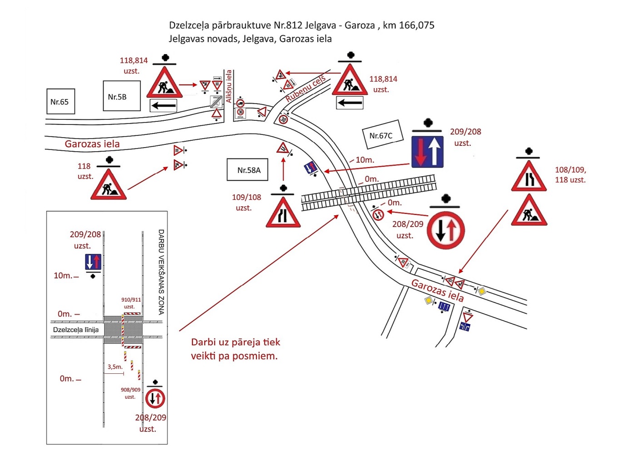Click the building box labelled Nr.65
click(60, 101)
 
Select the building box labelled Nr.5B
click(122, 96)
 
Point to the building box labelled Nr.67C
click(382, 135)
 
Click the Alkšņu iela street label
click(229, 86)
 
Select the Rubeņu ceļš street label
click(306, 89)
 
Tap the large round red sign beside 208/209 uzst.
click(446, 230)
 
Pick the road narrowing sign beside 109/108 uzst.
click(283, 213)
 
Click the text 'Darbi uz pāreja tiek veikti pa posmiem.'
click(235, 349)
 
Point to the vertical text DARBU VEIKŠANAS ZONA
click(161, 272)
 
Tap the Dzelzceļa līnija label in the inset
click(76, 330)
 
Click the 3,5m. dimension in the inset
click(115, 367)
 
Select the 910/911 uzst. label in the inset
click(131, 303)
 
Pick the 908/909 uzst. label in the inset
click(130, 393)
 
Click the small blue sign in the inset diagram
click(93, 262)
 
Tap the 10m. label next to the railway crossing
click(365, 160)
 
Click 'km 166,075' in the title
click(409, 25)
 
